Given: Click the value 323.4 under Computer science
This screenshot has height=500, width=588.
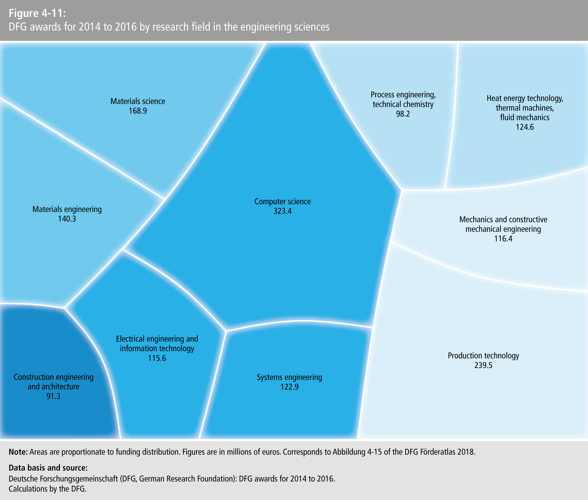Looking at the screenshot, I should point(282,211).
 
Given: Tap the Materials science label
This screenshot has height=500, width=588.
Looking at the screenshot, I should point(138,101).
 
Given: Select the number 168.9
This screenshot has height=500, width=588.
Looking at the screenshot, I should point(138,111).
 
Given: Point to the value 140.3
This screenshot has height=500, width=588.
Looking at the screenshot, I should point(67,219).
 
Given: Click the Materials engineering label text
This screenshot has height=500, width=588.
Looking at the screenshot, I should point(67,209).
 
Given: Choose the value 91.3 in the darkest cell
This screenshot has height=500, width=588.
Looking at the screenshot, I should point(54,396).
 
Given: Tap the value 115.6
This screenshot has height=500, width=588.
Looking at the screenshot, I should point(157,358).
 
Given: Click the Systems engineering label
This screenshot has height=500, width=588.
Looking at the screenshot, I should point(290,377).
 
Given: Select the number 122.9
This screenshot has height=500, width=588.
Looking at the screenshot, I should point(290,387).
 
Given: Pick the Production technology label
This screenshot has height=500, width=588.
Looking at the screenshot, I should point(484,356).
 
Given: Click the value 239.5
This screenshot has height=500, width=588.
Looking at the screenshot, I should point(484,365).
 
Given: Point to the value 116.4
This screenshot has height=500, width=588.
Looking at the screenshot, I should point(503,239).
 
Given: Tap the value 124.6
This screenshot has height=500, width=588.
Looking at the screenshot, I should point(525,127).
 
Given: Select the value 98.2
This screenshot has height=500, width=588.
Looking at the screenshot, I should point(403,114).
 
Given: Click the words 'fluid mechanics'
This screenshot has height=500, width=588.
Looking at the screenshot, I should point(525,118).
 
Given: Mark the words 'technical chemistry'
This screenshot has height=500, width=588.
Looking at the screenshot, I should point(403,104).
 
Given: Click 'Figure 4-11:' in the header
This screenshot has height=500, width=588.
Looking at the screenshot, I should point(37,13).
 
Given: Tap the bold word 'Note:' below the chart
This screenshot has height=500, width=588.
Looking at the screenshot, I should point(18,452).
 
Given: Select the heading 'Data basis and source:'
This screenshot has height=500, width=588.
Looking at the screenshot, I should point(48,468).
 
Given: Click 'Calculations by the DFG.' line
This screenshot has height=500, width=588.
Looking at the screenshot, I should point(47,489).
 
